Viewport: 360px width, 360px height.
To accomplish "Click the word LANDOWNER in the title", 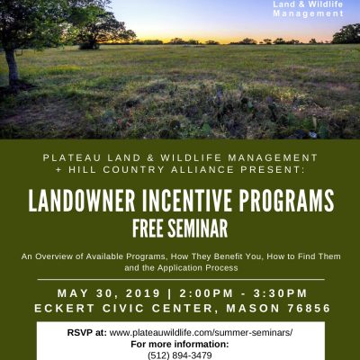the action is coord(82,200).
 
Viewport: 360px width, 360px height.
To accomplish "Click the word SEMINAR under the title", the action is coord(197,229).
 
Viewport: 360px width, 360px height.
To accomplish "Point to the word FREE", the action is coord(148,229).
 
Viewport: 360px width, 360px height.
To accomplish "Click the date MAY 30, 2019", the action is coord(109,293).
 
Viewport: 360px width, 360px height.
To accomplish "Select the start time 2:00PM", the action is coord(206,293).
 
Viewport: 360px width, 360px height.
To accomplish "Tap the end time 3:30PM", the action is coord(280,293).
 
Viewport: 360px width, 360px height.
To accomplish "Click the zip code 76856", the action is coord(309,308).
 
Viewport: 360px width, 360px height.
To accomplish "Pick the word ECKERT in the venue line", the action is coord(65,308).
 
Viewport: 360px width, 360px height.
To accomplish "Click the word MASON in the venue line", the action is coord(253,308).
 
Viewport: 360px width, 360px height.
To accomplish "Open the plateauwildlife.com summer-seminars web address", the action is coord(201,333).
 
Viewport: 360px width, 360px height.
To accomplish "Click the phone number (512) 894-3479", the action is coord(180,355).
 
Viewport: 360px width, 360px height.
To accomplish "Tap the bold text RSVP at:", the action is coord(87,333).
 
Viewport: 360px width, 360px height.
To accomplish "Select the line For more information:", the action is coord(180,344).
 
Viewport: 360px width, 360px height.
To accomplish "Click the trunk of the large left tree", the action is coord(12,67).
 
